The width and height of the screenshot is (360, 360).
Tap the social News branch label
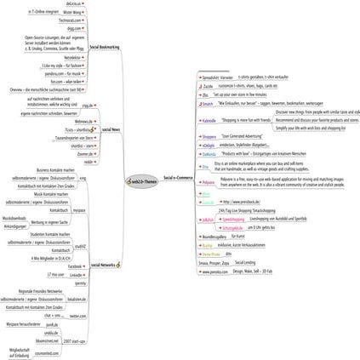click(x=111, y=129)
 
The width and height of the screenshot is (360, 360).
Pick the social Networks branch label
click(x=106, y=265)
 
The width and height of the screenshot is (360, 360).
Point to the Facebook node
click(x=76, y=266)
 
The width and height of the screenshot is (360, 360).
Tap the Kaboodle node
click(x=209, y=122)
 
